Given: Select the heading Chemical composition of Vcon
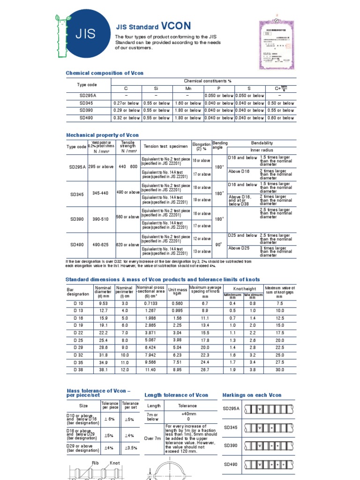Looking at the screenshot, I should (105, 73).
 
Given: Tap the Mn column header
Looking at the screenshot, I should (188, 88).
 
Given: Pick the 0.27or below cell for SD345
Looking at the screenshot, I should (126, 103).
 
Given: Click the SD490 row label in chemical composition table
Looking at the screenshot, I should (87, 118).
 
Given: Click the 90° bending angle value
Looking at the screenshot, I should (219, 245).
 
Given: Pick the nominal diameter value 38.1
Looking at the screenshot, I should (103, 369).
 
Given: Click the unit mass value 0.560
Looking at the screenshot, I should (177, 303).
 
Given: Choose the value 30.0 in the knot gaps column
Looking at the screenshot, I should (279, 369).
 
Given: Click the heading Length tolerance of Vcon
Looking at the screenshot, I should (176, 395).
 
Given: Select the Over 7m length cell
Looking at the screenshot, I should (153, 438).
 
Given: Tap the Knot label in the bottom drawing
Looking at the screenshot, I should (114, 463).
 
